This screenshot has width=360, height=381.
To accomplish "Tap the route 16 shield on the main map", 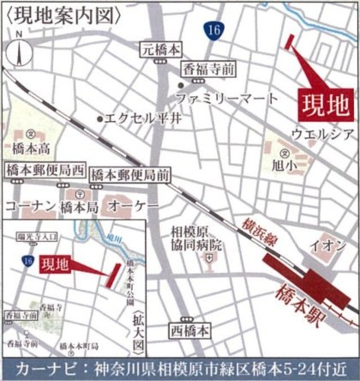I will click(211, 31).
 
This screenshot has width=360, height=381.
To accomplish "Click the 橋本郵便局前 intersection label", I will click(129, 174).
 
